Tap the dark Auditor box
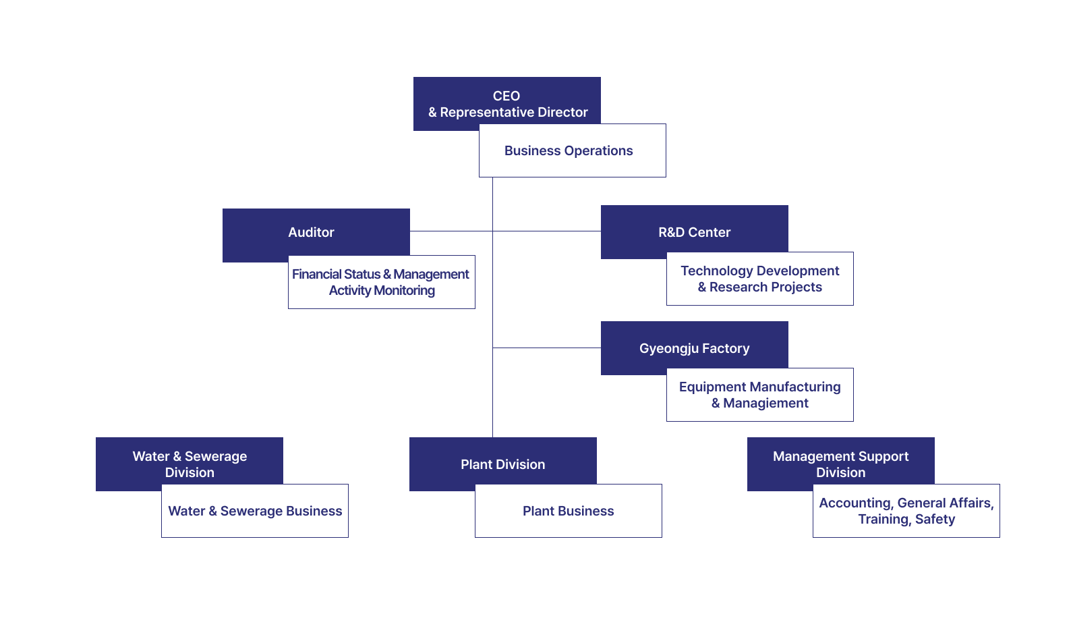[311, 233]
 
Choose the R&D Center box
[694, 231]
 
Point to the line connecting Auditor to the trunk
[451, 231]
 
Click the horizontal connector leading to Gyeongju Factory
[546, 348]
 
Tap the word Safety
[935, 520]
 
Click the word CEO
[506, 96]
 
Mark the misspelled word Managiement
[765, 404]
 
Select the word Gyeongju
[669, 349]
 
